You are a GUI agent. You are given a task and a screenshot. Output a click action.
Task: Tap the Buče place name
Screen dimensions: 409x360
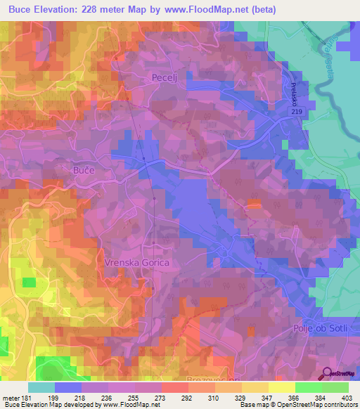coord(84,170)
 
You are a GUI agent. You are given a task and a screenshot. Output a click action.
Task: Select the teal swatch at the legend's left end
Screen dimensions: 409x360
coord(41,387)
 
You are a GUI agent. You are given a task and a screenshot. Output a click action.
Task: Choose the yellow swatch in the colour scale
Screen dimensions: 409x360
coord(281,387)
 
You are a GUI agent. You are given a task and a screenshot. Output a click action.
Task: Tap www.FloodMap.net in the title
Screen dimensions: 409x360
coord(209,10)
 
